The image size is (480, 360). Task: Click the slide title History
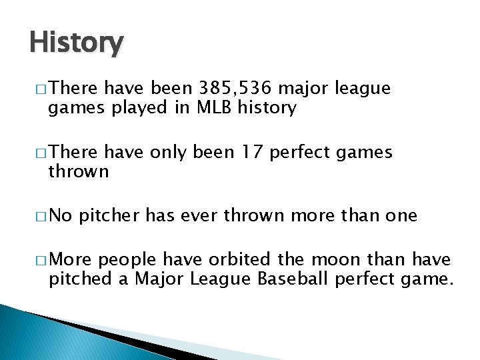coord(76,43)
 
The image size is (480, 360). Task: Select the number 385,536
coord(233,88)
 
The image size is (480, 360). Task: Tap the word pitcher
coord(110,215)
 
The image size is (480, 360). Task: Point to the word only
coord(167,153)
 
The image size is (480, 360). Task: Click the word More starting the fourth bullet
coord(70,260)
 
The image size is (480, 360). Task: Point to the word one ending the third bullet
coord(400,215)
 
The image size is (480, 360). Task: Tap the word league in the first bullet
coord(363,88)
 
